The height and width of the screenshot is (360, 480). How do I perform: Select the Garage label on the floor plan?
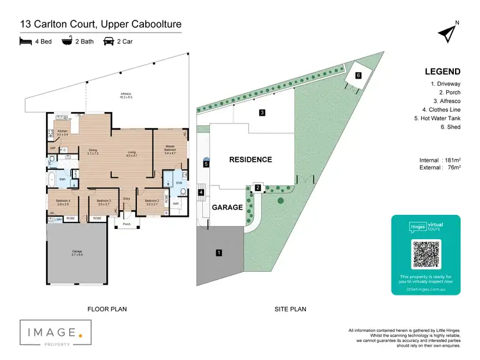[77, 254]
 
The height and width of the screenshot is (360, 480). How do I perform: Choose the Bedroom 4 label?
[63, 202]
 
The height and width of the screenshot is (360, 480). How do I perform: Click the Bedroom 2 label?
[152, 202]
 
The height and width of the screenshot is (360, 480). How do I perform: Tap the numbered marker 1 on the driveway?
[219, 253]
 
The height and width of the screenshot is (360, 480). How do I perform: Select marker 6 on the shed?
[358, 75]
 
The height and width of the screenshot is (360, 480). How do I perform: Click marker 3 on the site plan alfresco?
[262, 113]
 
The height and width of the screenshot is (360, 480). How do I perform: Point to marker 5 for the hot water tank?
[206, 164]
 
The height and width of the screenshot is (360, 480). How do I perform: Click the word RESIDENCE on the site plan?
[251, 159]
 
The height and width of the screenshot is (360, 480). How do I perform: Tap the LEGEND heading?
[441, 72]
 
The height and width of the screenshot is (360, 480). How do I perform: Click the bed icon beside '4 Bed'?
[25, 42]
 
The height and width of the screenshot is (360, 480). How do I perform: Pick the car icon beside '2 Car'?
[109, 42]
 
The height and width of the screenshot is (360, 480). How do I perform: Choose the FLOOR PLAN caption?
[107, 309]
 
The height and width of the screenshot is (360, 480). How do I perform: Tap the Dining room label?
[93, 152]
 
